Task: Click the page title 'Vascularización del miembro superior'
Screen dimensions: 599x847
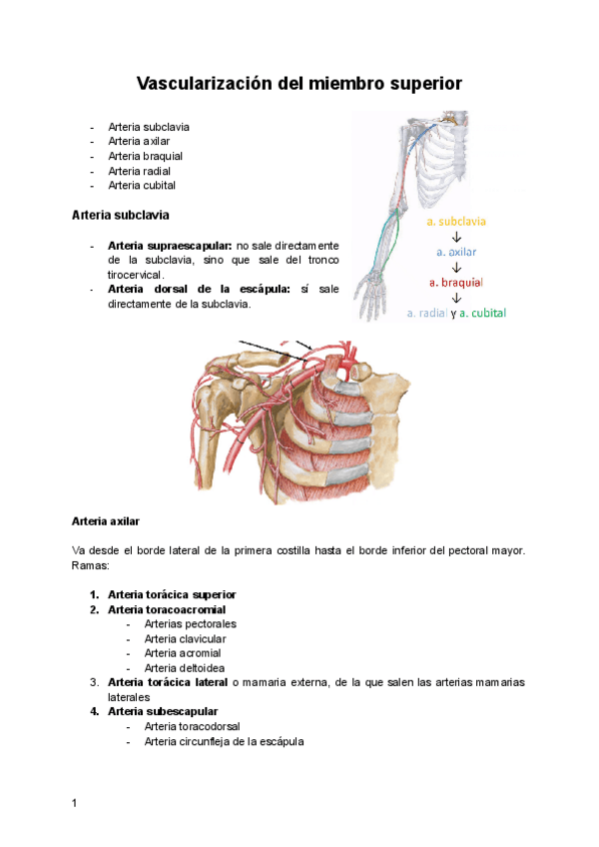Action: click(x=299, y=84)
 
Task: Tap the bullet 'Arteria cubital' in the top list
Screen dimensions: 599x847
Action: click(x=142, y=185)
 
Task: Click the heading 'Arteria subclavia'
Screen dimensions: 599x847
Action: click(x=121, y=215)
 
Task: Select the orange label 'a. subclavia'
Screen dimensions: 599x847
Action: click(x=455, y=221)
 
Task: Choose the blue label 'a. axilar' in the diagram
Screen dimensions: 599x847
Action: click(x=455, y=252)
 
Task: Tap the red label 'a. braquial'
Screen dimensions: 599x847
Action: click(x=455, y=282)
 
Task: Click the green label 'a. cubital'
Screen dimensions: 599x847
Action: click(x=482, y=313)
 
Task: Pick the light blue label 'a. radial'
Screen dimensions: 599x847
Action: click(x=426, y=313)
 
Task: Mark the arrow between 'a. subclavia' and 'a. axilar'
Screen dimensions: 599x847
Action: click(x=455, y=237)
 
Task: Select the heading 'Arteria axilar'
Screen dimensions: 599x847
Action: click(x=106, y=521)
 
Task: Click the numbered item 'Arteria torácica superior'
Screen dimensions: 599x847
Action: click(x=172, y=594)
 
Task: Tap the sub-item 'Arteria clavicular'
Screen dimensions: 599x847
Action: click(x=185, y=638)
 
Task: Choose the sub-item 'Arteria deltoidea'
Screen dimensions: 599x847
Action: click(x=184, y=667)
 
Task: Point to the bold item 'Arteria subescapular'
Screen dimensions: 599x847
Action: click(x=163, y=711)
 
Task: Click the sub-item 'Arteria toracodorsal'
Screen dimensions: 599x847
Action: click(x=192, y=726)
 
